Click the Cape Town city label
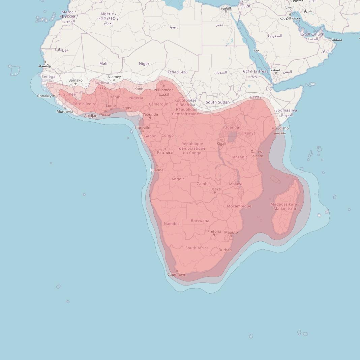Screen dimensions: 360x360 pyautogui.click(x=177, y=275)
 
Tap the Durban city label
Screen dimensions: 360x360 pyautogui.click(x=225, y=250)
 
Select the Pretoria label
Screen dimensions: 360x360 pyautogui.click(x=214, y=232)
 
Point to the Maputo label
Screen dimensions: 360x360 pyautogui.click(x=231, y=232)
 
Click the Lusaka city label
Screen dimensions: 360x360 pyautogui.click(x=214, y=189)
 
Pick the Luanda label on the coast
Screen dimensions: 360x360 pyautogui.click(x=157, y=170)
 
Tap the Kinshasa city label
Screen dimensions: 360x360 pyautogui.click(x=165, y=153)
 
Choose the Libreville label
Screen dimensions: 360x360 pyautogui.click(x=142, y=128)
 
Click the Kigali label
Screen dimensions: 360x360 pyautogui.click(x=221, y=144)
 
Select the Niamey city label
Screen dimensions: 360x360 pyautogui.click(x=114, y=77)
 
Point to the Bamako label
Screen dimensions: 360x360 pyautogui.click(x=75, y=80)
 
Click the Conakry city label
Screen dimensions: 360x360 pyautogui.click(x=44, y=96)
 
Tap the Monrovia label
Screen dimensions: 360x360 pyautogui.click(x=65, y=112)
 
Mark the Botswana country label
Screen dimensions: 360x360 pyautogui.click(x=200, y=221)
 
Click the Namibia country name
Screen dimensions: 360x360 pyautogui.click(x=172, y=223)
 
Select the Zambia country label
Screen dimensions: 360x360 pyautogui.click(x=204, y=184)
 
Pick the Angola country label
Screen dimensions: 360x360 pyautogui.click(x=178, y=179)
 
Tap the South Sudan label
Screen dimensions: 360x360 pyautogui.click(x=217, y=102)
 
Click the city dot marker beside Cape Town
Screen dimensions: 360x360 pyautogui.click(x=177, y=271)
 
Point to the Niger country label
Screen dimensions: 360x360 pyautogui.click(x=144, y=63)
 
